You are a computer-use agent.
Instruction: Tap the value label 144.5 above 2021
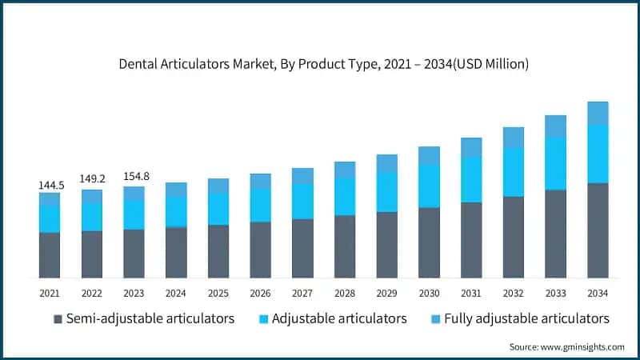(x=50, y=185)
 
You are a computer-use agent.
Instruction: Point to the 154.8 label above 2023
(x=134, y=177)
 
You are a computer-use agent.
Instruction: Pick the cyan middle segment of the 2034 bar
(x=598, y=154)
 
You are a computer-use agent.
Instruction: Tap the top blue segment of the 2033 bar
(x=556, y=126)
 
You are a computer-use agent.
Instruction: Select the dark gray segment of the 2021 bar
(x=50, y=255)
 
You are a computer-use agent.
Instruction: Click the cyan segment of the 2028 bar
(x=345, y=196)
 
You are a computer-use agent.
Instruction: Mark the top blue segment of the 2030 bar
(x=429, y=155)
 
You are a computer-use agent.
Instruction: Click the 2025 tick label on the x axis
(x=218, y=293)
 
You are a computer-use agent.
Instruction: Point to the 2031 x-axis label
(x=471, y=293)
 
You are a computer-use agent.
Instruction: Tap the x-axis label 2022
(x=92, y=293)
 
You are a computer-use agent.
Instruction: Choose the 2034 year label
(x=598, y=293)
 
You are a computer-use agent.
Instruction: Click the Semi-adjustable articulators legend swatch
(x=58, y=319)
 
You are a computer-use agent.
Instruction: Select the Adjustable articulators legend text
(x=339, y=318)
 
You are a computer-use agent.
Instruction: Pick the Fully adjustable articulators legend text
(x=526, y=318)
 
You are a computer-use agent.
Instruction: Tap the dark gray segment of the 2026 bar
(x=261, y=250)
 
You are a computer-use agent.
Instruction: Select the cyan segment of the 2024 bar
(x=176, y=211)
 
